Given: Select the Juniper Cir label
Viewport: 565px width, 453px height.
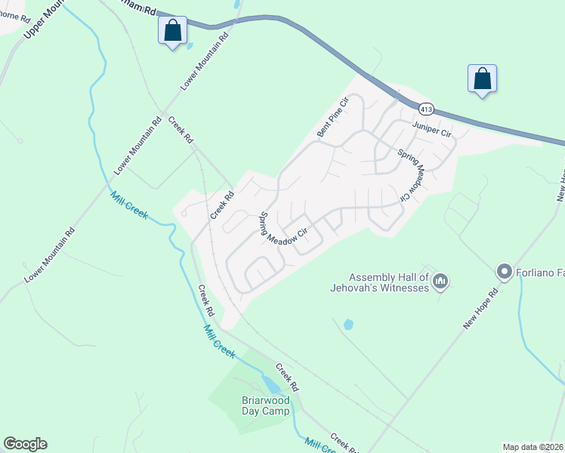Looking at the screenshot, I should tap(431, 130).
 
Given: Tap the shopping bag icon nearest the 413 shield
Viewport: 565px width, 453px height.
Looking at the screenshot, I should tap(481, 79).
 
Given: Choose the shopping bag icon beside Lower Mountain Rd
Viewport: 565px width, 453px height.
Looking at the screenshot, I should tap(173, 32).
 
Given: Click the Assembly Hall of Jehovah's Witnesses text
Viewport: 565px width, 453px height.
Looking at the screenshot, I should tap(380, 282).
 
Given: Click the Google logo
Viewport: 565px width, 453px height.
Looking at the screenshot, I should tap(25, 444).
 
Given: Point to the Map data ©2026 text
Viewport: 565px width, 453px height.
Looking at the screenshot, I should tap(533, 446).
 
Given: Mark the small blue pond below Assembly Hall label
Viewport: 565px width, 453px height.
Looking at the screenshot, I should tap(348, 325).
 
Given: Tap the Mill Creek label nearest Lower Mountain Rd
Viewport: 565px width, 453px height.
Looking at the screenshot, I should tap(129, 204).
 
